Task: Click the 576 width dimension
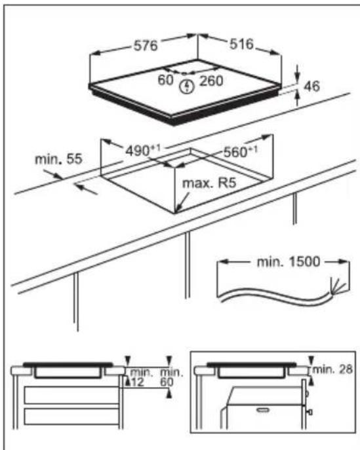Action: click(146, 47)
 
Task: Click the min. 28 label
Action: click(334, 371)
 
